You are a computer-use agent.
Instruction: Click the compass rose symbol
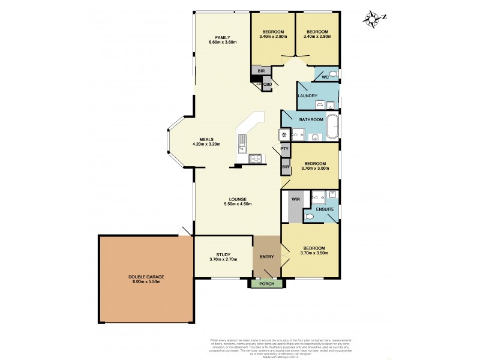(374, 20)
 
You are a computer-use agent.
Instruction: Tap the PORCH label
(265, 284)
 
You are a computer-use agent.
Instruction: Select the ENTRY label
(266, 257)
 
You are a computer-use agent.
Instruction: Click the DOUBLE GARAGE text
(146, 277)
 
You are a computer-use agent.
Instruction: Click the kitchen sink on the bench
(241, 142)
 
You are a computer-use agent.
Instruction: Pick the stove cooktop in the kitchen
(256, 159)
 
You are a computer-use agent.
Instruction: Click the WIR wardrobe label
(295, 199)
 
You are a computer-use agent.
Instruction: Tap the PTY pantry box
(284, 148)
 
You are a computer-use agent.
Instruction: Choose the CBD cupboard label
(267, 85)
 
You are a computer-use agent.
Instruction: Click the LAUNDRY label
(307, 96)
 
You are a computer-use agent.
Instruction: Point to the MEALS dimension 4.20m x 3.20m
(206, 145)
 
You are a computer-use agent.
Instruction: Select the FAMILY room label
(223, 37)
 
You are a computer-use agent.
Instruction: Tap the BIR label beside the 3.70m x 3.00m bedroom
(286, 166)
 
